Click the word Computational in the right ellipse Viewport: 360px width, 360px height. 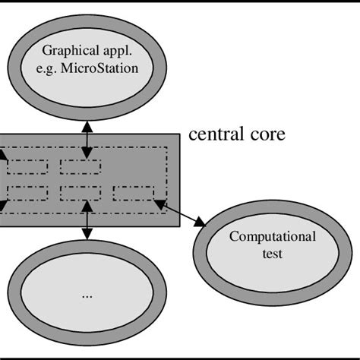pos(273,237)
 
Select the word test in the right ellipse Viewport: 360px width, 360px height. pos(273,253)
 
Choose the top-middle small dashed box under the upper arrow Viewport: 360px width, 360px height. pos(81,165)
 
